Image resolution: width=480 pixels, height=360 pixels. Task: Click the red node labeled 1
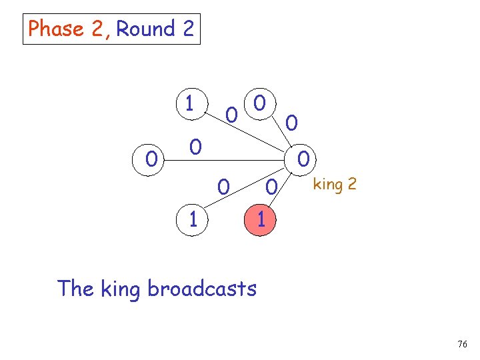click(261, 219)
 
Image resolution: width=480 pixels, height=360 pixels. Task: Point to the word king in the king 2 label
click(327, 183)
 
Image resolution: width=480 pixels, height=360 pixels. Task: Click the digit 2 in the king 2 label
click(351, 183)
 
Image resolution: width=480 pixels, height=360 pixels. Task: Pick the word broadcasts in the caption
click(201, 289)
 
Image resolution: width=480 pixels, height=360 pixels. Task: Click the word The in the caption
click(75, 288)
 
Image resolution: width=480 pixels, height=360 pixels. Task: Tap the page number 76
click(463, 344)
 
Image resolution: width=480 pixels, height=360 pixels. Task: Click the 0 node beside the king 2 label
click(303, 159)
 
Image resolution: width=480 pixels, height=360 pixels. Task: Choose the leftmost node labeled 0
click(152, 159)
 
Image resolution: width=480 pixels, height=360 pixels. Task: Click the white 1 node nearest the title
click(190, 103)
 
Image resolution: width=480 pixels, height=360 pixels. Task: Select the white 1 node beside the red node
click(193, 219)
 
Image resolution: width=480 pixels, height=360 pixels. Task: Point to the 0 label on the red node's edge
click(270, 187)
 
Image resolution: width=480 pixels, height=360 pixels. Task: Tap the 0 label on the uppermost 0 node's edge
click(291, 122)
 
